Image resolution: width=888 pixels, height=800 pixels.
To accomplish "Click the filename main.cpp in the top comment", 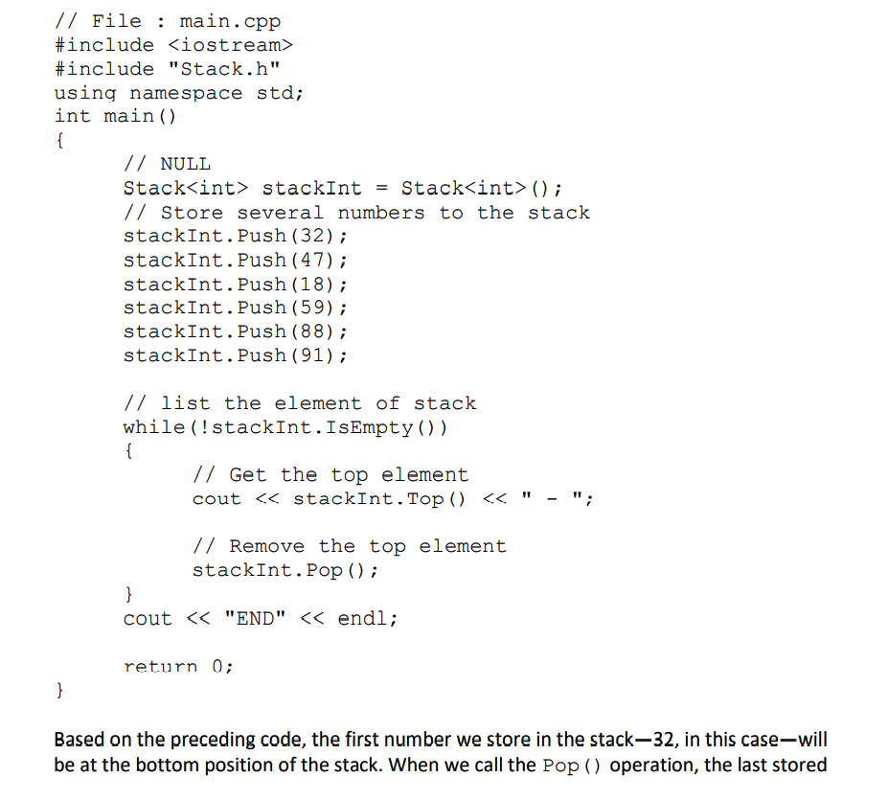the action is pos(230,21).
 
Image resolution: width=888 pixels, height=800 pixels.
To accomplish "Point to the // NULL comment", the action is pos(167,164).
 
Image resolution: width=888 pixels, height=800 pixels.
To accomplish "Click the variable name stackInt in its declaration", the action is pos(311,188).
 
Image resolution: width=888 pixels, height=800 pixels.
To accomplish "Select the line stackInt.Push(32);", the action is pos(235,236).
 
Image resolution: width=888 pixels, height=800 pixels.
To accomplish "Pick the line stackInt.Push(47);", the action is pos(235,260).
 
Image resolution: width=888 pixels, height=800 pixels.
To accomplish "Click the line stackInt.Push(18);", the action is pos(235,284).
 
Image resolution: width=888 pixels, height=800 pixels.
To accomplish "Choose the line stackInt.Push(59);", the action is pos(235,308).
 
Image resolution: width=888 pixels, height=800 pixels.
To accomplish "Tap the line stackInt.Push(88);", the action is pos(235,331).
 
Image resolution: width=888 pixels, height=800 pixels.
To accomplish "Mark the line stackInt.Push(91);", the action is pos(235,355).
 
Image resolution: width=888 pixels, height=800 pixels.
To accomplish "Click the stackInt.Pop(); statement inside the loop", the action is pos(285,570).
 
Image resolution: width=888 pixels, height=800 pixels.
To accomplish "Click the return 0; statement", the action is pos(178,666).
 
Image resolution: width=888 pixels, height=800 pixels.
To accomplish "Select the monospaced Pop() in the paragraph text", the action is pos(572,766).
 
